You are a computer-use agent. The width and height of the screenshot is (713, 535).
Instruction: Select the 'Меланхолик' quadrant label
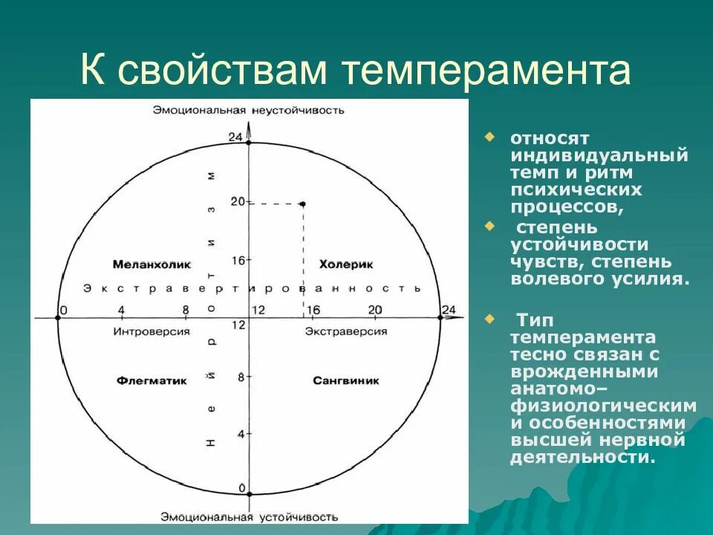(x=152, y=264)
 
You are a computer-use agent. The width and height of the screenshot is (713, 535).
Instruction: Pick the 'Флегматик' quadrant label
(x=152, y=380)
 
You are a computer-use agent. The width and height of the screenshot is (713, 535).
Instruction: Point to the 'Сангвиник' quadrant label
(x=345, y=380)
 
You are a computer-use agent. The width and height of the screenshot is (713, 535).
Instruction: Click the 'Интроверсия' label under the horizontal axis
(x=152, y=331)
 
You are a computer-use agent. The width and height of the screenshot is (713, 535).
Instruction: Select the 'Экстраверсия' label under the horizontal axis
(x=346, y=331)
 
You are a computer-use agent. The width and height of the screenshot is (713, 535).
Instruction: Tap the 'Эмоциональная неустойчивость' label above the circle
(x=249, y=110)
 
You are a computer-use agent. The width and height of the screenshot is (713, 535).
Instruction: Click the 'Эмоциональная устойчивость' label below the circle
(x=249, y=516)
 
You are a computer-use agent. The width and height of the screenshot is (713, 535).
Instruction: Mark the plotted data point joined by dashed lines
(x=302, y=203)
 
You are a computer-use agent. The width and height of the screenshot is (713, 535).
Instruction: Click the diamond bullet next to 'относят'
(x=489, y=137)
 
